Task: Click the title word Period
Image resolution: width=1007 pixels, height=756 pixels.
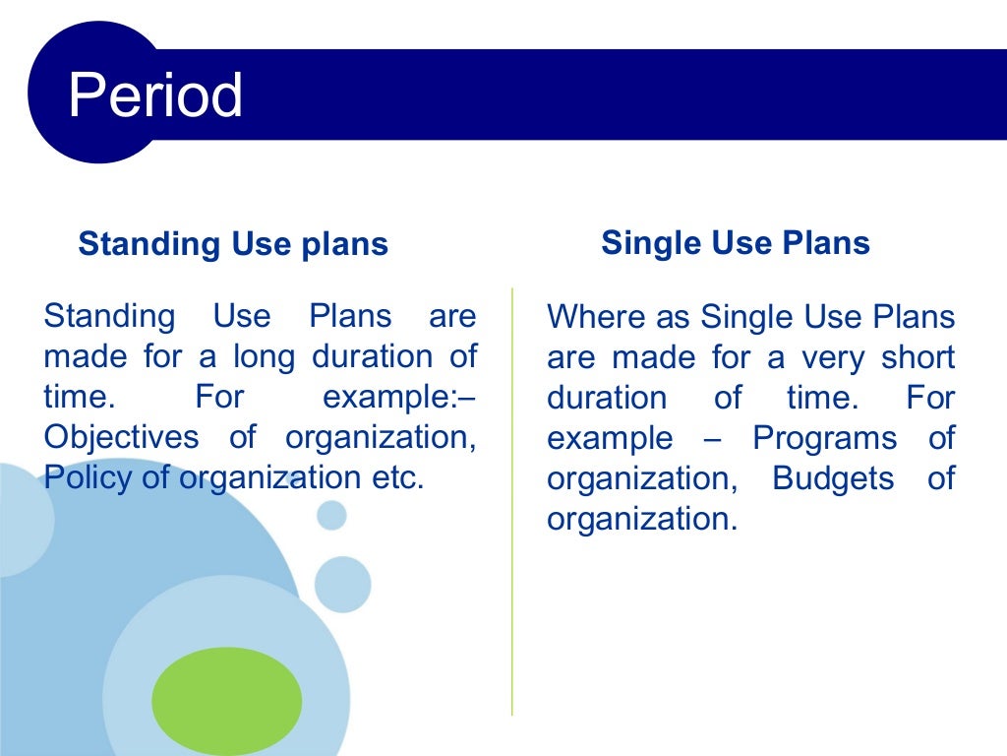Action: coord(155,95)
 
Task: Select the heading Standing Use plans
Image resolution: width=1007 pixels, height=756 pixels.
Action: coord(233,244)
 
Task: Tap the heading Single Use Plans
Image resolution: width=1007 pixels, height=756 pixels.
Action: coord(736,243)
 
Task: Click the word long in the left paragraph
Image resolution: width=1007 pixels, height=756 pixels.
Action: coord(263,356)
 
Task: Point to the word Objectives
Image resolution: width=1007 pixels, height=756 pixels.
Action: coord(121,436)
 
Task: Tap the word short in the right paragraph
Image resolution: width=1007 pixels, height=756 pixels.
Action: coord(918,357)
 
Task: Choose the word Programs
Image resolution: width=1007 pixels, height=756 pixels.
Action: coord(824,438)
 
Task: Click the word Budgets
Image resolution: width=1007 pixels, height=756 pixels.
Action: coord(833,478)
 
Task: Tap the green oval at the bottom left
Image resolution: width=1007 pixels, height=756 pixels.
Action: coord(227,701)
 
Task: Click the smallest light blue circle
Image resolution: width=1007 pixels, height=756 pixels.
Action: coord(331,514)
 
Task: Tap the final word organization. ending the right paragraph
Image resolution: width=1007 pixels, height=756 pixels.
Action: coord(641,519)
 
